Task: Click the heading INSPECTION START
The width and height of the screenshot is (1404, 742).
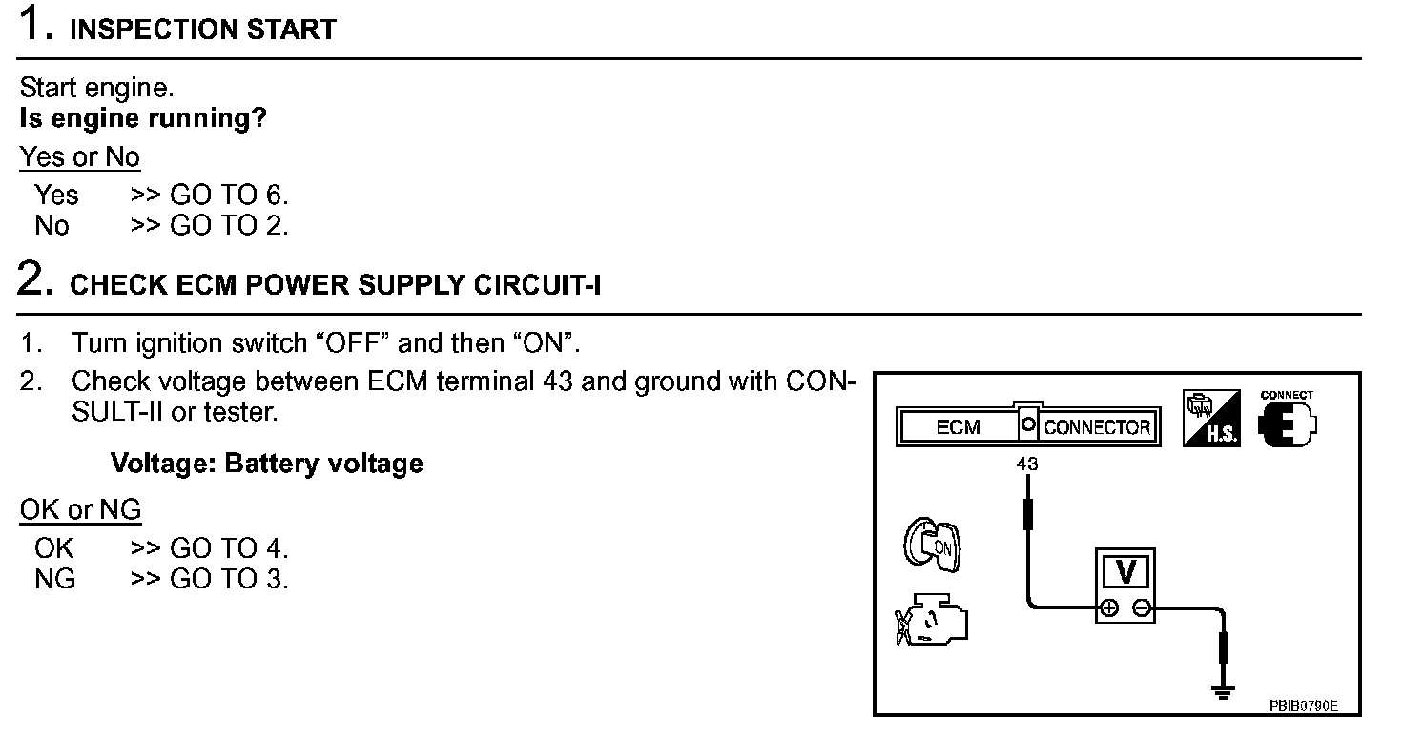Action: (x=203, y=30)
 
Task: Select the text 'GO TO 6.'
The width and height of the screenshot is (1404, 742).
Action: (x=229, y=196)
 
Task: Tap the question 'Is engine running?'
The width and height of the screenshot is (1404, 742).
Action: (x=143, y=119)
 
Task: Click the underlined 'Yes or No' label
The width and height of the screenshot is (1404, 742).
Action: (x=80, y=157)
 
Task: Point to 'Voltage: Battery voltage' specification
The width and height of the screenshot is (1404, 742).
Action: (x=267, y=464)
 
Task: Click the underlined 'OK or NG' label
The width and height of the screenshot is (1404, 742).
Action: (x=80, y=510)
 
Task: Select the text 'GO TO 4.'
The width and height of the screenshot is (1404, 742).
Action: (x=229, y=548)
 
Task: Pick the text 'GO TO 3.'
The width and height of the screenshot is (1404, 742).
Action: (x=229, y=579)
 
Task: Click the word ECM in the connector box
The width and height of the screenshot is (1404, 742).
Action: (x=958, y=427)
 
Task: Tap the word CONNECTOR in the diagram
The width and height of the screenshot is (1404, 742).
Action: (x=1097, y=427)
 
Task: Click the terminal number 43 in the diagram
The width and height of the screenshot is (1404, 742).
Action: (x=1027, y=464)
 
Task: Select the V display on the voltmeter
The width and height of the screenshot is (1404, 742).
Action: (x=1125, y=572)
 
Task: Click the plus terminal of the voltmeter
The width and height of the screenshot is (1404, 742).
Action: (x=1109, y=608)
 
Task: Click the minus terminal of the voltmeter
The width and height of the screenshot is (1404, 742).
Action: (x=1142, y=608)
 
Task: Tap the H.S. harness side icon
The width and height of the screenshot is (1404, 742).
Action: (x=1211, y=419)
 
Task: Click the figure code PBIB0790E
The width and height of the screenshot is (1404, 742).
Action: (x=1303, y=706)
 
